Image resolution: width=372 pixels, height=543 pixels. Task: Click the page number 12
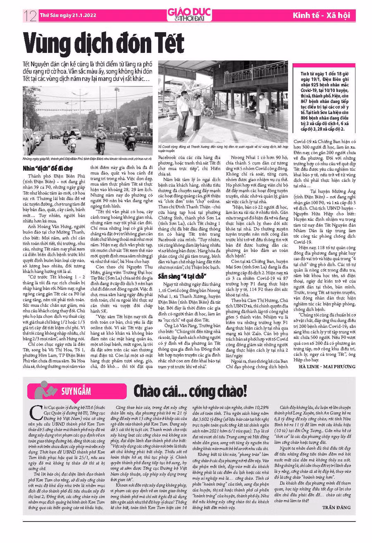pyautogui.click(x=29, y=16)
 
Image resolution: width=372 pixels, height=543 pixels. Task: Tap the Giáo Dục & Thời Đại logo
pyautogui.click(x=189, y=15)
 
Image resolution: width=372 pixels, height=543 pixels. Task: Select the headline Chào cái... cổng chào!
pyautogui.click(x=190, y=391)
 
